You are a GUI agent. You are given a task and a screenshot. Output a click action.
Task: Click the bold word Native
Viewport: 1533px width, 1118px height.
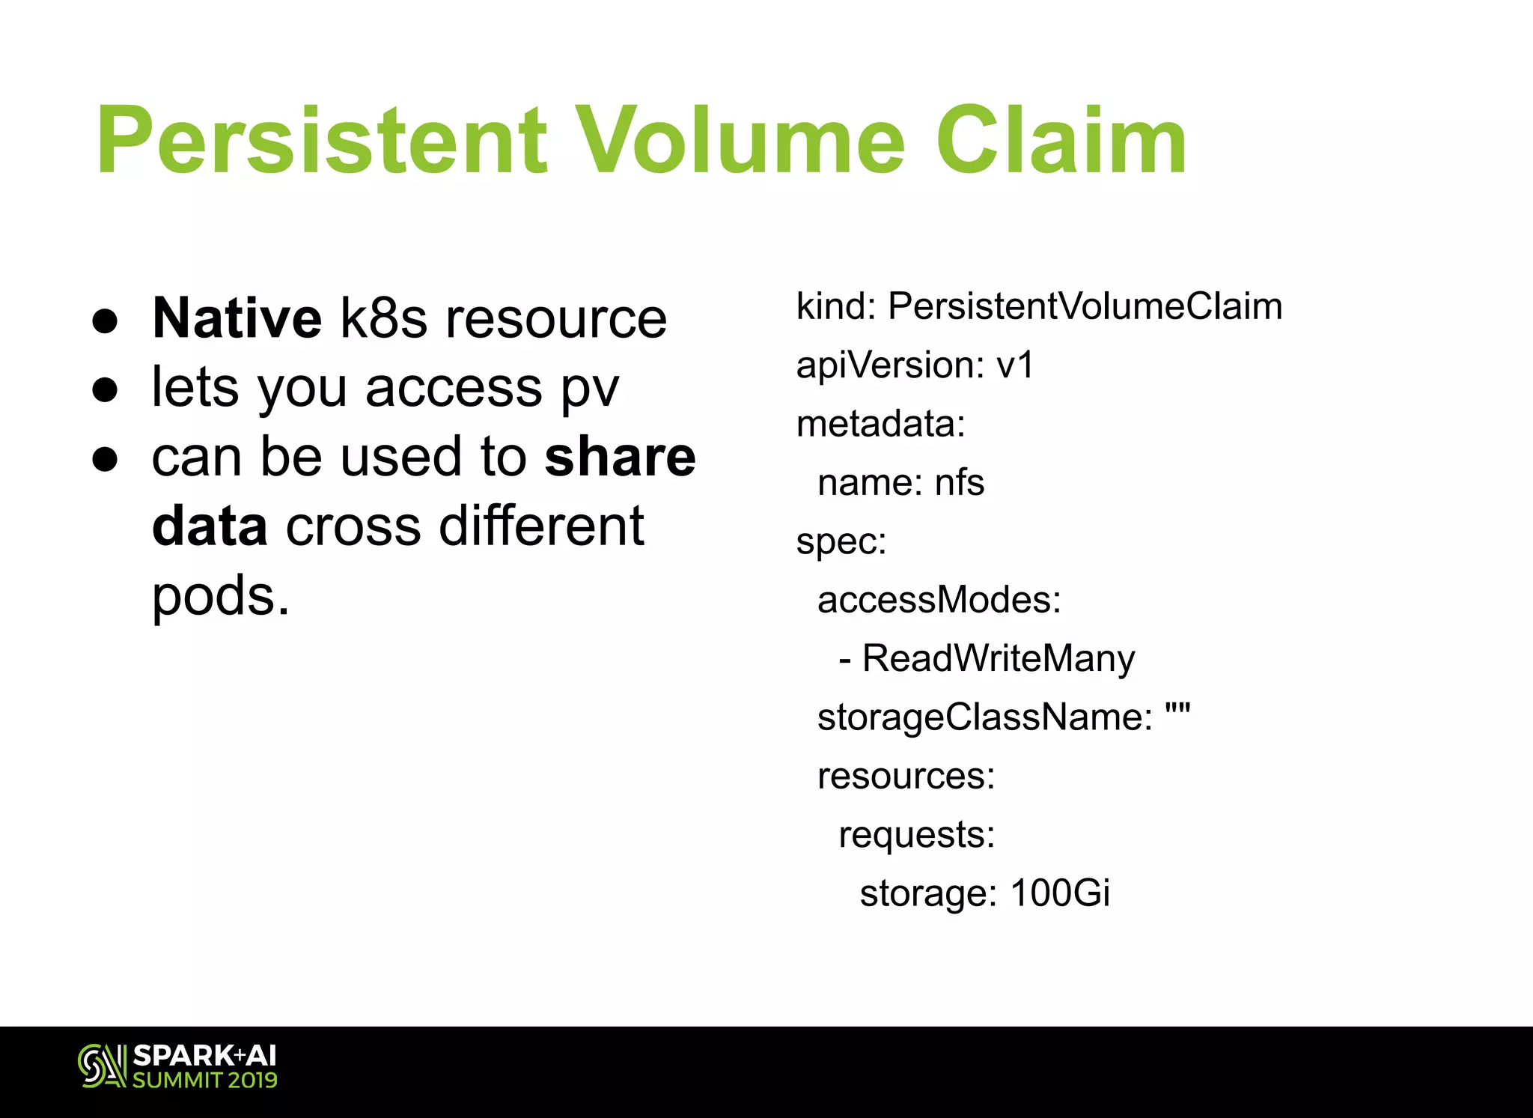pos(237,318)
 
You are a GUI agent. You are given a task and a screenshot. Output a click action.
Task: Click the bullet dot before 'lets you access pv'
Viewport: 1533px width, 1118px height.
pos(106,389)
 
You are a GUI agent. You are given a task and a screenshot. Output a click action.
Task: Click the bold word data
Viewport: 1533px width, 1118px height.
pos(210,526)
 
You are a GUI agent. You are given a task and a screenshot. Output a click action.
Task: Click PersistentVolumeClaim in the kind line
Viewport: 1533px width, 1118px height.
pos(1085,306)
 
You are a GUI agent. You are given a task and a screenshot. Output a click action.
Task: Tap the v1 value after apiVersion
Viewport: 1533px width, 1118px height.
pos(1015,365)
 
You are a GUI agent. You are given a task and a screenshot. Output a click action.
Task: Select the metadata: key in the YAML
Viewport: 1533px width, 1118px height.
pos(881,424)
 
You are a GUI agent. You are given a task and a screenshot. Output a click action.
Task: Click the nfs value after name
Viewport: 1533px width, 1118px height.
pos(960,482)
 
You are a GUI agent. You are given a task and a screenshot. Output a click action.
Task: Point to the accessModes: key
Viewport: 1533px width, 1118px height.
pos(939,600)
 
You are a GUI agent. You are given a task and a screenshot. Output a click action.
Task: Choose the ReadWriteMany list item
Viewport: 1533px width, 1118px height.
pos(998,659)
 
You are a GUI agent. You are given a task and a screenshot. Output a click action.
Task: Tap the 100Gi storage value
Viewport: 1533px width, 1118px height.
pos(1059,893)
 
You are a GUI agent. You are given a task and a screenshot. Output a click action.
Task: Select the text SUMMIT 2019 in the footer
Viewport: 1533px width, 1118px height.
pos(205,1080)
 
